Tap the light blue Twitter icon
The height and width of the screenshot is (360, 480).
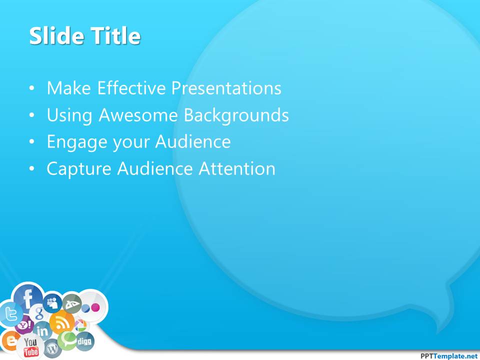11,314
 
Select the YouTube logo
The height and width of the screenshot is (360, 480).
30,347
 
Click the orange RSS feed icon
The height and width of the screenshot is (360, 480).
62,322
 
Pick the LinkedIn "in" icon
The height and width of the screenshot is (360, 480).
42,330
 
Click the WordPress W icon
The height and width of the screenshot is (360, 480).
52,348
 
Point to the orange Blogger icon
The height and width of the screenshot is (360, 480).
9,340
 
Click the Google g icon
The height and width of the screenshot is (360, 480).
39,312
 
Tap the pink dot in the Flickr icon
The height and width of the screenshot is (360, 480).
96,307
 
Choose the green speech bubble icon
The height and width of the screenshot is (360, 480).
67,340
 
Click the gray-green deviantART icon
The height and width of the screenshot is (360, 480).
72,303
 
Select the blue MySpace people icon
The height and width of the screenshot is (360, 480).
52,303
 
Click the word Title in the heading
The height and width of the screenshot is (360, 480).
115,36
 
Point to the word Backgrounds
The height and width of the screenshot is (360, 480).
236,115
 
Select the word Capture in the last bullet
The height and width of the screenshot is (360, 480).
79,169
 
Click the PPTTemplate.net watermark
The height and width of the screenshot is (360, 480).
449,355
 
